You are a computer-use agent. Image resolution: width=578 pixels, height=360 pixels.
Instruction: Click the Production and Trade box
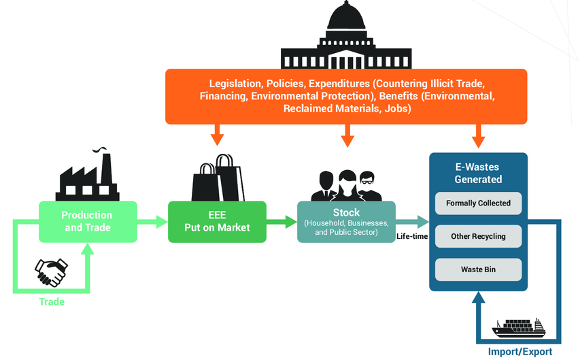click(x=88, y=221)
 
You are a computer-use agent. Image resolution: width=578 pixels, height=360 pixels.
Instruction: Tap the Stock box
click(x=346, y=222)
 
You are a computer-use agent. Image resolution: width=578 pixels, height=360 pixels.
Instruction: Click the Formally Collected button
click(x=478, y=203)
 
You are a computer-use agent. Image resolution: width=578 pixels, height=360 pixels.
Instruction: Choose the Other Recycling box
click(x=478, y=236)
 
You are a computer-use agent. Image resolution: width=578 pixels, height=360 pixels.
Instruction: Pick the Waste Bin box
click(x=478, y=269)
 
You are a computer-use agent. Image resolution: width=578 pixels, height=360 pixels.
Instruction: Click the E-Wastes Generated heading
click(x=478, y=173)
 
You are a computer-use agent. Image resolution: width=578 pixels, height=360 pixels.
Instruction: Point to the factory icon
click(x=88, y=177)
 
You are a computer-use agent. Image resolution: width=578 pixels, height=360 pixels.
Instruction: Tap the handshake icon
click(x=51, y=272)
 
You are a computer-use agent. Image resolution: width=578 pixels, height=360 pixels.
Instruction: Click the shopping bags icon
click(x=217, y=178)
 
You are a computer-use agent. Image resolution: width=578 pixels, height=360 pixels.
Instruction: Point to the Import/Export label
click(x=520, y=352)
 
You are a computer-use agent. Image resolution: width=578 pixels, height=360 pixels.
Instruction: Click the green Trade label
click(x=51, y=301)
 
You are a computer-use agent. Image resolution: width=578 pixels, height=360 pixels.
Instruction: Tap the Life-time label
click(x=411, y=237)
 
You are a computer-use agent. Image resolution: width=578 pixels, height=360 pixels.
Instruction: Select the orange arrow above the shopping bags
click(x=217, y=135)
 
